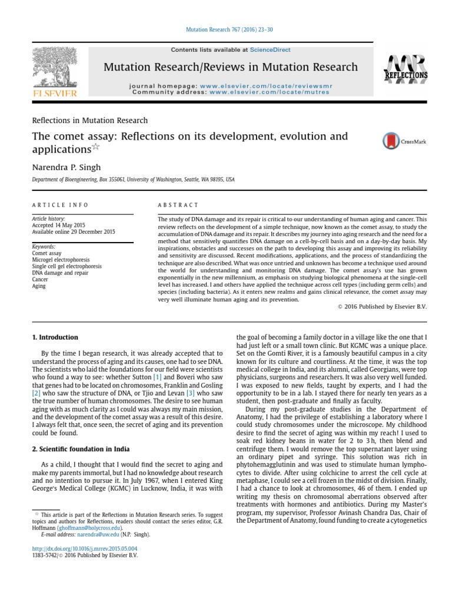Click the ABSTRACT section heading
click(x=178, y=205)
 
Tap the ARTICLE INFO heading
click(x=60, y=205)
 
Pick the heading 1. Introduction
click(x=55, y=337)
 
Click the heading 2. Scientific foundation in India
click(x=78, y=449)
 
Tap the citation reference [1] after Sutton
click(x=157, y=376)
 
